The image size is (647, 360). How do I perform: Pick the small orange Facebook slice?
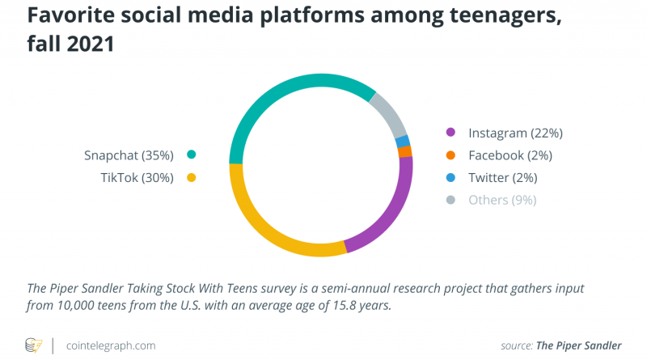point(405,151)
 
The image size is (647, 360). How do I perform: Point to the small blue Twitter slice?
point(402,141)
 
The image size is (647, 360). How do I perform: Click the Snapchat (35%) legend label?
point(129,155)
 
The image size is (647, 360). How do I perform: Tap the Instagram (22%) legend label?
point(515,132)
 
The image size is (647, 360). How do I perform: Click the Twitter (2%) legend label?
point(503,177)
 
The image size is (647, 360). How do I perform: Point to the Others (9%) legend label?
point(502,200)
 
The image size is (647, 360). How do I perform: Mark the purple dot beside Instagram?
point(451,132)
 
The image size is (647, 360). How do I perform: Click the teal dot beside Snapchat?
point(192,155)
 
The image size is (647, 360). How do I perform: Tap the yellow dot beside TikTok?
point(192,177)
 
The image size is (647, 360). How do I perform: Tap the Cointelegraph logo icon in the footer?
point(34,345)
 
